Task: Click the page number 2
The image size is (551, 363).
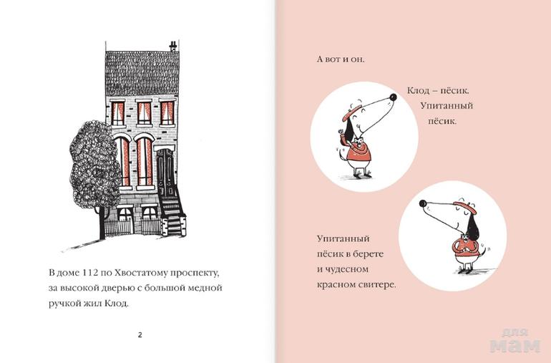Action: [x=140, y=335]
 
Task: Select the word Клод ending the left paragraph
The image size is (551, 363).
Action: [x=117, y=303]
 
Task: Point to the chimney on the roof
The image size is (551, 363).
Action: [x=173, y=47]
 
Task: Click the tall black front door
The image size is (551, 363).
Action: [x=165, y=172]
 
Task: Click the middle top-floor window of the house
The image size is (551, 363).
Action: [x=144, y=113]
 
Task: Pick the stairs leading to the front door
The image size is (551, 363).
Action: [x=172, y=215]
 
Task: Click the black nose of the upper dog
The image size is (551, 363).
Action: [x=393, y=97]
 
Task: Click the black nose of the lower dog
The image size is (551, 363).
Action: [x=423, y=203]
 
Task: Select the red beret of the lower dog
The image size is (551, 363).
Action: [x=465, y=207]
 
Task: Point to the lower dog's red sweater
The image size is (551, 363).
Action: [x=465, y=247]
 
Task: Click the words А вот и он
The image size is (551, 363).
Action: [x=341, y=59]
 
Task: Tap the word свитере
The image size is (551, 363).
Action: [x=376, y=284]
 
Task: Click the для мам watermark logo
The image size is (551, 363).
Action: [x=515, y=341]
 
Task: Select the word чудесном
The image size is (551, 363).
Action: [x=346, y=269]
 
